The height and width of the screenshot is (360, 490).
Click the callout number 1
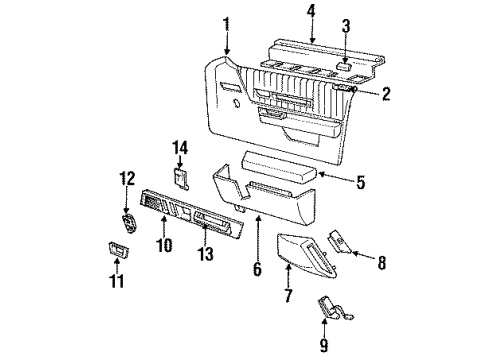[x=227, y=24]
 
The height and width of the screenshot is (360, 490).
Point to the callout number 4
[x=311, y=13]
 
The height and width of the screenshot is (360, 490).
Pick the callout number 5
[x=360, y=182]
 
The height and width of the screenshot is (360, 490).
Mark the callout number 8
[x=380, y=264]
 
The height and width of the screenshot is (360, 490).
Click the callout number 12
[x=126, y=179]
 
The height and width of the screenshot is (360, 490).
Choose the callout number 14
[x=181, y=148]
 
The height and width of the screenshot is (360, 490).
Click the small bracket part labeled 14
[x=182, y=178]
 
